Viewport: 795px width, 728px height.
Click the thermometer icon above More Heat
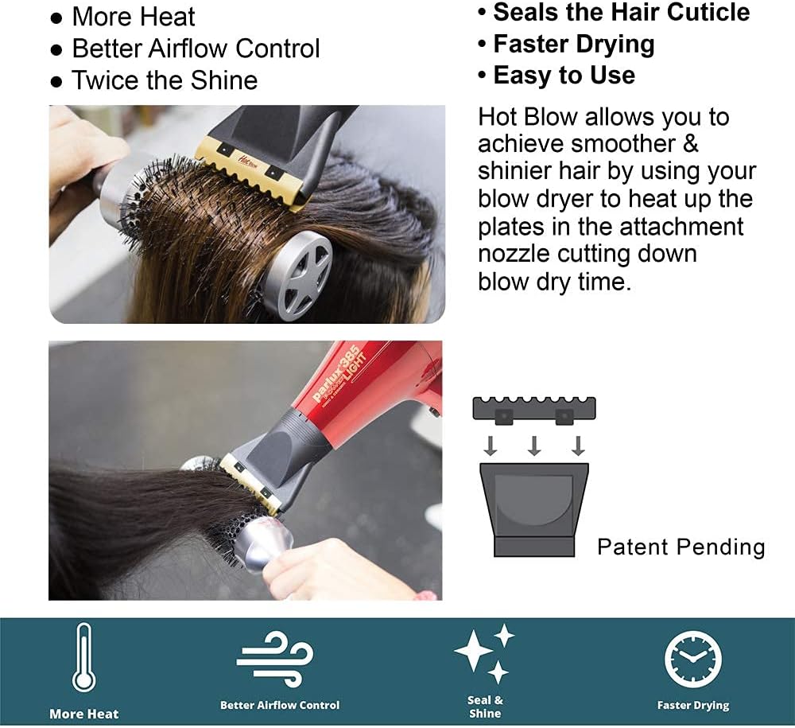83,657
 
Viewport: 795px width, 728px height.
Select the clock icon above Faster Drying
692,659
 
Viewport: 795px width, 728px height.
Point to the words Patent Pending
681,547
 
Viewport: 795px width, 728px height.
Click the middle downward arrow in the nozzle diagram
534,446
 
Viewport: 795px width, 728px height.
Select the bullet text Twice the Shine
165,80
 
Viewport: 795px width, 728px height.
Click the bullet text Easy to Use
564,75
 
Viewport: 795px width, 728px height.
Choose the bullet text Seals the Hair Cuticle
622,12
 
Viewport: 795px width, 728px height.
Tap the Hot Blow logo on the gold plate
248,162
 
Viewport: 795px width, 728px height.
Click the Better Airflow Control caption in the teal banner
280,705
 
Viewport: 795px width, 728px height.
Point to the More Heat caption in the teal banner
84,714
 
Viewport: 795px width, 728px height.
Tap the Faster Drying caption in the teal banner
693,705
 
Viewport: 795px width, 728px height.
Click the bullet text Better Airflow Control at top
196,49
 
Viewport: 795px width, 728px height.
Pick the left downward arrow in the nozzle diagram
491,446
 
